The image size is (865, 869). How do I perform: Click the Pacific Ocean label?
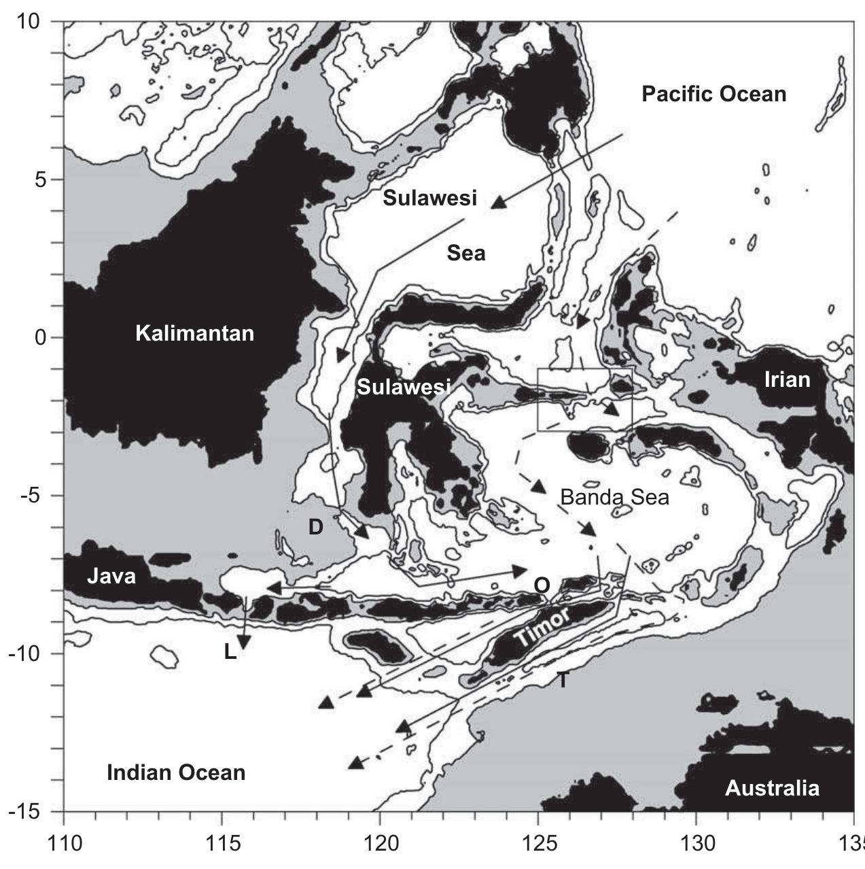click(713, 94)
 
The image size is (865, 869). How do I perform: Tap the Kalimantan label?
click(194, 333)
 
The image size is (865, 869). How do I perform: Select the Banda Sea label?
click(614, 497)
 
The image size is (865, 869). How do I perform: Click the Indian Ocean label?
click(176, 772)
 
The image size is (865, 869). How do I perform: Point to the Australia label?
click(772, 788)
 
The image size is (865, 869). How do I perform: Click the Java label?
click(111, 577)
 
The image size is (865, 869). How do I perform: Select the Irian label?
click(787, 379)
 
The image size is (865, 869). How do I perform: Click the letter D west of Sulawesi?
click(315, 526)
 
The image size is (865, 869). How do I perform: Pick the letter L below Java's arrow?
click(230, 653)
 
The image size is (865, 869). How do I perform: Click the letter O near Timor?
click(542, 585)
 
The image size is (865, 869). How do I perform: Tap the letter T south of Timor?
click(563, 679)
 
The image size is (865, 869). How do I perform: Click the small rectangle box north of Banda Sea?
click(584, 399)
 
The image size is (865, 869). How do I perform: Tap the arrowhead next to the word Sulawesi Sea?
click(499, 202)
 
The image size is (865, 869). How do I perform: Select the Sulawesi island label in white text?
click(404, 387)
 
